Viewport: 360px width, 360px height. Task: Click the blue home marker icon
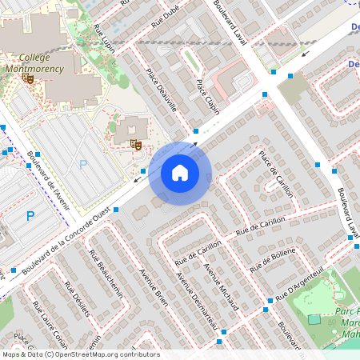[180, 173]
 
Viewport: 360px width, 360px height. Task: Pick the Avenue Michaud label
[221, 286]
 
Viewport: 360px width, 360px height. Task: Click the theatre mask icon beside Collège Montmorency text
[28, 78]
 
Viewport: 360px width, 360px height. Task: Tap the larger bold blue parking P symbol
[30, 216]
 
